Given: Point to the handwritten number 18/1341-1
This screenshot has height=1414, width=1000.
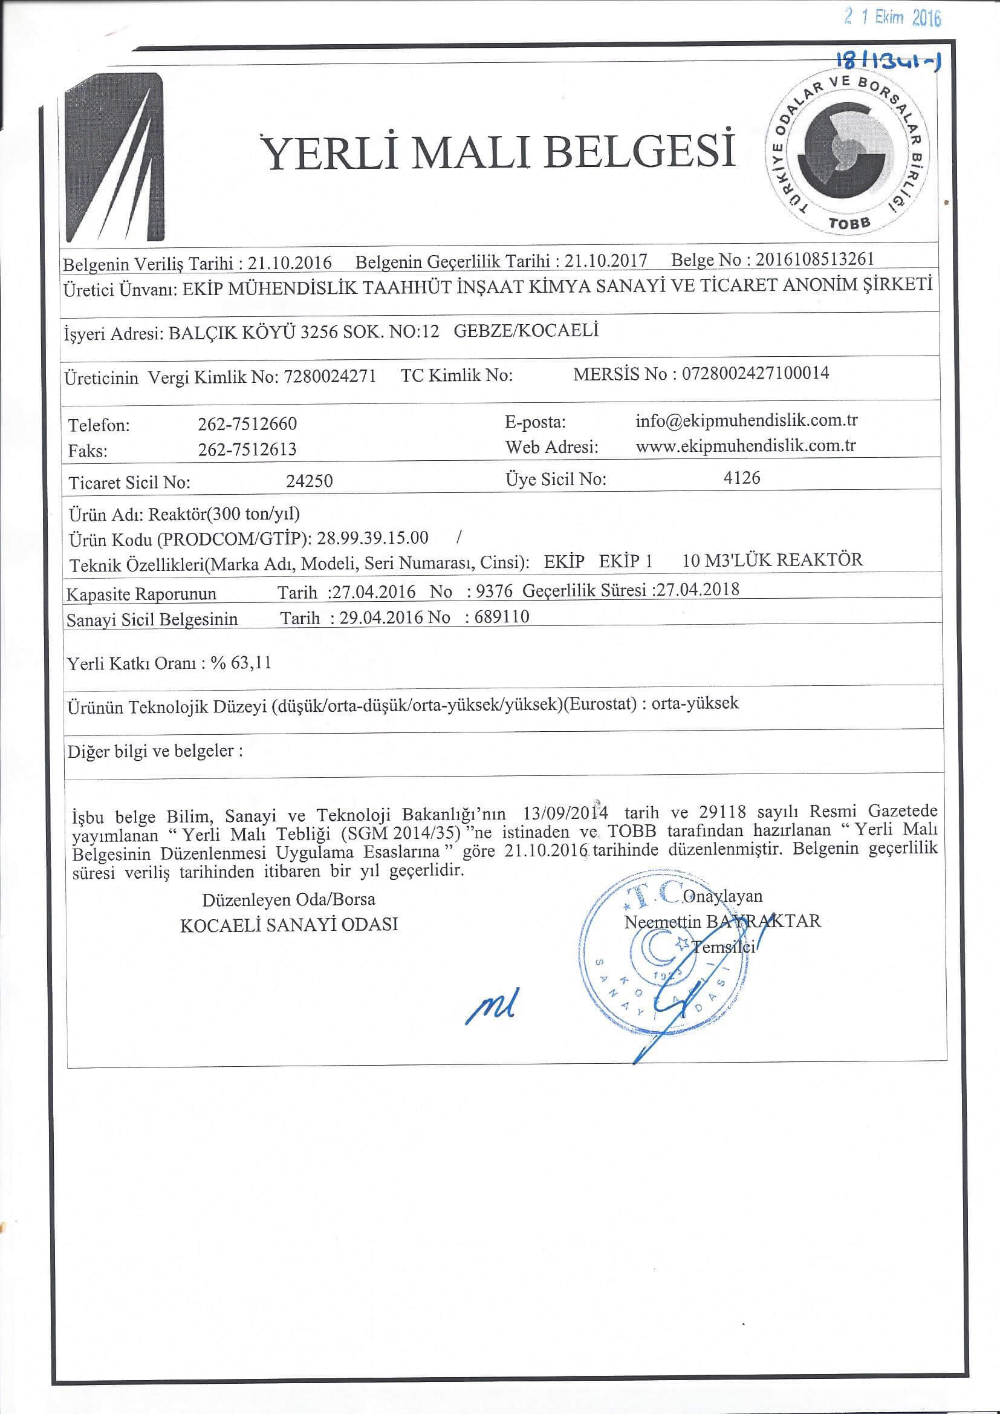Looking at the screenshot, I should tap(892, 62).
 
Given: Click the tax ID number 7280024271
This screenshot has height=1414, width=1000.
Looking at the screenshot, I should tap(331, 377).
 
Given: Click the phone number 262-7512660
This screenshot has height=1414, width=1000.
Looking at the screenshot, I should tap(247, 425).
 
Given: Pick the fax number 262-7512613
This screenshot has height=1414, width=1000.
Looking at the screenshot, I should tap(247, 449).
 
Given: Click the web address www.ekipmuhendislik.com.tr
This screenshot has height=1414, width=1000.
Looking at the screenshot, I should tap(745, 445).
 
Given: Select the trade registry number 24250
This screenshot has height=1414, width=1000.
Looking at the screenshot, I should tap(310, 481).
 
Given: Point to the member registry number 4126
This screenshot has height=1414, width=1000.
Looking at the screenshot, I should tap(743, 477).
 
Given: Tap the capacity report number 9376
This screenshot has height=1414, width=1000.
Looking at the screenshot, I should tap(491, 591).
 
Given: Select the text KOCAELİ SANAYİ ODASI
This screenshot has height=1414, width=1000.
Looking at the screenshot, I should tap(289, 924).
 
